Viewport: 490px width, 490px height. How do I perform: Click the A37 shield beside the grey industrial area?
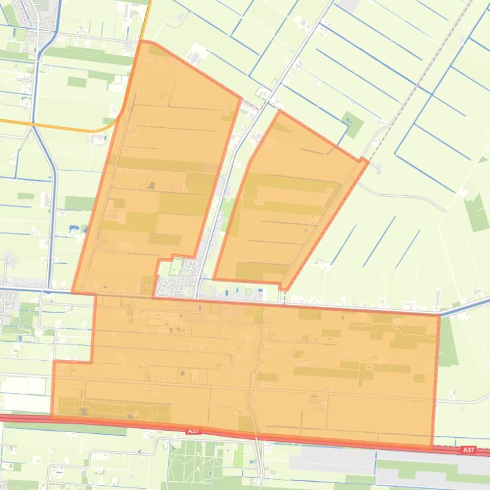click(468, 450)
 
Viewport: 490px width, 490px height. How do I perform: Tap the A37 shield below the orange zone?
click(194, 431)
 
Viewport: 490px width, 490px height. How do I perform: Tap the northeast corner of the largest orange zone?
click(439, 315)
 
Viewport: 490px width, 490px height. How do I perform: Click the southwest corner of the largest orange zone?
click(52, 416)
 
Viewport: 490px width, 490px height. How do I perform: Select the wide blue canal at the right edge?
click(468, 307)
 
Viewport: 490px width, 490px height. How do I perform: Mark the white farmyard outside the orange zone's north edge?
click(195, 53)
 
